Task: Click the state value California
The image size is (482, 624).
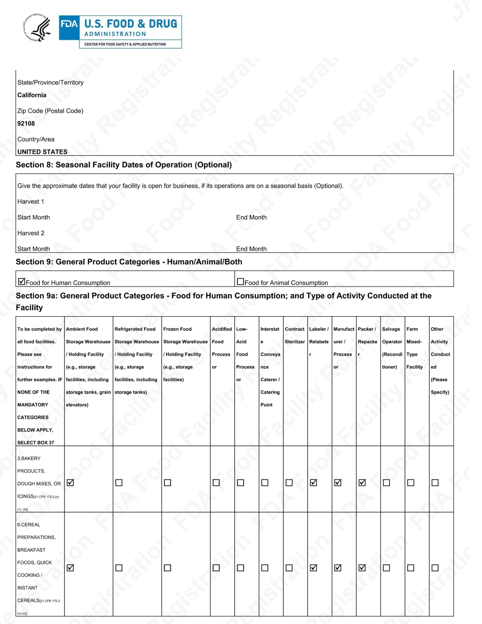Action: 32,95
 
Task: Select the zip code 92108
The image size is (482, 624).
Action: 26,124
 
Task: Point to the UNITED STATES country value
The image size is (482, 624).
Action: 42,152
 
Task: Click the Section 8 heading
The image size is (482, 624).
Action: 124,165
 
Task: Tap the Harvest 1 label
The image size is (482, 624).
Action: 31,201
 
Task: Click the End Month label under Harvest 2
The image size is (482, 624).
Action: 251,249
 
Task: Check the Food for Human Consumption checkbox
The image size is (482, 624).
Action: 22,281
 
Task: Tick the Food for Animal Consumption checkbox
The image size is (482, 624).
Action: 240,281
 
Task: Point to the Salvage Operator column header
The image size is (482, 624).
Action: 392,348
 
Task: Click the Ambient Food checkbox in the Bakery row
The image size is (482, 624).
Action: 70,483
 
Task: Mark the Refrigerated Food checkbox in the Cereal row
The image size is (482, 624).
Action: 119,568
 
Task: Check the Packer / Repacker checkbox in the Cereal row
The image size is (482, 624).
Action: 362,568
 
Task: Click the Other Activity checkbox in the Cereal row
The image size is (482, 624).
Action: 435,568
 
